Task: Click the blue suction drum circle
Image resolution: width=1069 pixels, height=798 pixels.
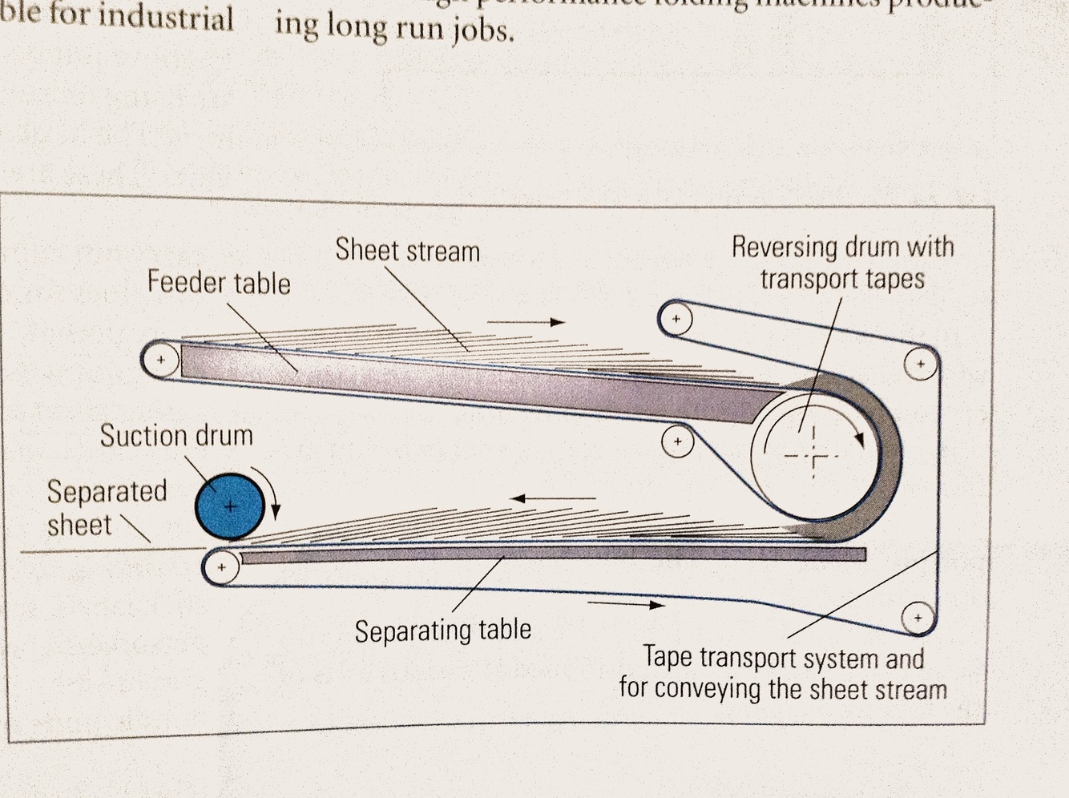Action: coord(230,506)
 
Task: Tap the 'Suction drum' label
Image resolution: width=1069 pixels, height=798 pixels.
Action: coord(176,436)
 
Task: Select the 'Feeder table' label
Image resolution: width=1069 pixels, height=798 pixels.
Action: coord(219,283)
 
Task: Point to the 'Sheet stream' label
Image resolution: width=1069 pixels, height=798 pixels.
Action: coord(407,251)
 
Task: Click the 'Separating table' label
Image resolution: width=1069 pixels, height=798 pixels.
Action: coord(443,631)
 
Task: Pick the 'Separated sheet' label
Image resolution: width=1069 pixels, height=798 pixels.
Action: coord(106,508)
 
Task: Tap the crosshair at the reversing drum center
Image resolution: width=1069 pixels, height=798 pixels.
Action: coord(813,457)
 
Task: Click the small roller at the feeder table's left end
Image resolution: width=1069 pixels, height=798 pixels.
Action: coord(160,360)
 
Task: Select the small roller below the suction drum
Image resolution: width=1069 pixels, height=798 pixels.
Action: coord(222,568)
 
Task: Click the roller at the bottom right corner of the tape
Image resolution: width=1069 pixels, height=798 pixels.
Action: coord(918,618)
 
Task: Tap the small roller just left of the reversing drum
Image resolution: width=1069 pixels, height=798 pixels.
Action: coord(678,441)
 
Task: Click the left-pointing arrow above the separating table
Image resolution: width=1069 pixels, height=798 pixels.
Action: coord(553,498)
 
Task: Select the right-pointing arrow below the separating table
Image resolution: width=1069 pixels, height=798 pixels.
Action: coord(626,604)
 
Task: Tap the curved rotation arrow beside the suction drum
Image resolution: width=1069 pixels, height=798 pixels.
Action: coord(271,490)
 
